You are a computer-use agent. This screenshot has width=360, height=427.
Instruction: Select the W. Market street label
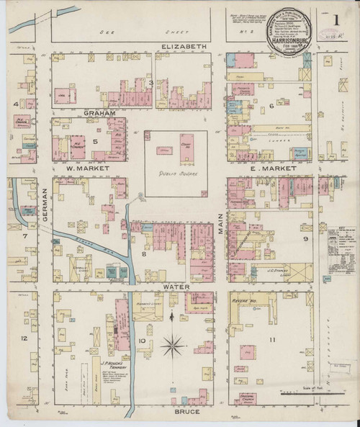[87, 168]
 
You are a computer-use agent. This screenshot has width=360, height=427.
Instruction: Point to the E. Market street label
[264, 168]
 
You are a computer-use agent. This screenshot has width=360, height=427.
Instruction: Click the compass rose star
[172, 346]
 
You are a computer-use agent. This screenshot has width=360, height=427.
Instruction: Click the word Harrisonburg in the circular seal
[288, 42]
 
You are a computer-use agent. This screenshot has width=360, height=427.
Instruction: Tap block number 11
[272, 339]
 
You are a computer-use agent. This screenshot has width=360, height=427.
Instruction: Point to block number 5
[94, 141]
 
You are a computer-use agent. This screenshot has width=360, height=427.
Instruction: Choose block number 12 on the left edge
[24, 338]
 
